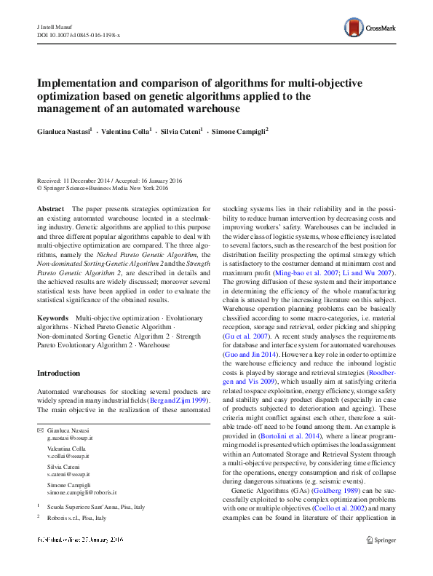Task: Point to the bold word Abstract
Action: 50,208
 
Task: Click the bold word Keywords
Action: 52,318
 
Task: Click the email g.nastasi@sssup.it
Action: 70,439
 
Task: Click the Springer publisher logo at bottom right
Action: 381,540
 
